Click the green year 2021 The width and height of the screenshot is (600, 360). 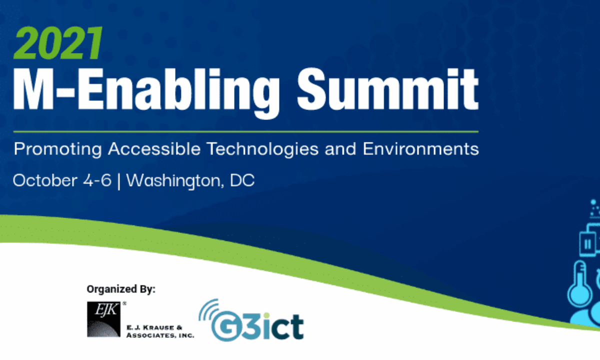58,43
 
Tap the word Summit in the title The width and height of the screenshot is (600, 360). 388,88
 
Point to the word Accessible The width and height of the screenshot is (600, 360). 154,148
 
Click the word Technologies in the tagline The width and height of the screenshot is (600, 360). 263,149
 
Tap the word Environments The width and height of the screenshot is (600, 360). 421,148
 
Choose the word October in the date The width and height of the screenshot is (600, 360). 45,180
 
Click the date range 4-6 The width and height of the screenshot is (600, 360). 97,180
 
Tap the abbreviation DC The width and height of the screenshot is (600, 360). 242,180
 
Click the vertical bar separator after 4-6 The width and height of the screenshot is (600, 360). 119,181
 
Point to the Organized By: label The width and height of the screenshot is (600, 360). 121,289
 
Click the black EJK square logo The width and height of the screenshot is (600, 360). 103,319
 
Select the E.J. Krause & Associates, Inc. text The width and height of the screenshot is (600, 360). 160,331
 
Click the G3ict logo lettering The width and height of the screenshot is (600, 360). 257,326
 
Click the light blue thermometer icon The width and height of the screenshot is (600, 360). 580,284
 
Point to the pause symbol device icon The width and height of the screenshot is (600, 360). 587,244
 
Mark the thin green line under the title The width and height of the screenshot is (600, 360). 246,132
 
